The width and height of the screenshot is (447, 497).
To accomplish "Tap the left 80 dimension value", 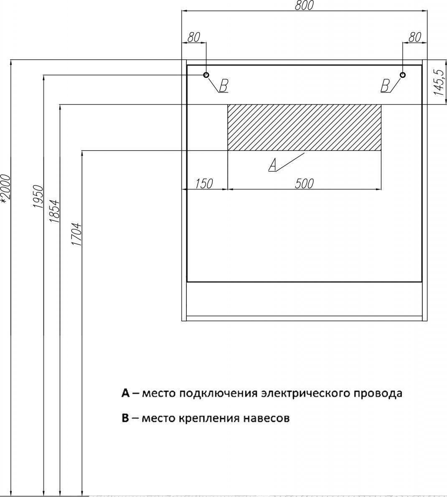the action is pos(194,37).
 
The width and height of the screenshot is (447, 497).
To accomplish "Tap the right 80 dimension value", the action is pos(415,37).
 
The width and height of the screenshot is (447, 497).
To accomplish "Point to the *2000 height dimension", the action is pos(6,188).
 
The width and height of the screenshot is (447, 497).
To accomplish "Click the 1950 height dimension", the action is pos(38,197).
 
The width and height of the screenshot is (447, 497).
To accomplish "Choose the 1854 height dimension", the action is pos(54,211).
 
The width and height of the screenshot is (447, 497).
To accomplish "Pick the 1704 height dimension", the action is pos(77,235).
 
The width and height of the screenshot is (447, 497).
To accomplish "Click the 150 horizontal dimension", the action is pos(204,184).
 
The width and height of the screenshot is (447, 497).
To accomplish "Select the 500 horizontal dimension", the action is pos(305,184).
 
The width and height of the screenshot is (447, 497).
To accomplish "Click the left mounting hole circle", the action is pos(206,75).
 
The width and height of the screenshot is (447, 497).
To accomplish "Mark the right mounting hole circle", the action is pos(403,75).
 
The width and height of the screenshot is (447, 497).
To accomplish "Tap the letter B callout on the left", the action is pos(223,86).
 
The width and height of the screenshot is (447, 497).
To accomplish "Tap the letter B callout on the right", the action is pos(385,86).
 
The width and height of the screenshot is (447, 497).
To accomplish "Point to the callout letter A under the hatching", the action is pos(272,165).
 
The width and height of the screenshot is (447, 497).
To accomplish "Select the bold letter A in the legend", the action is pos(126,393).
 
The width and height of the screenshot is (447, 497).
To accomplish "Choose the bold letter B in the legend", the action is pos(125,419).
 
